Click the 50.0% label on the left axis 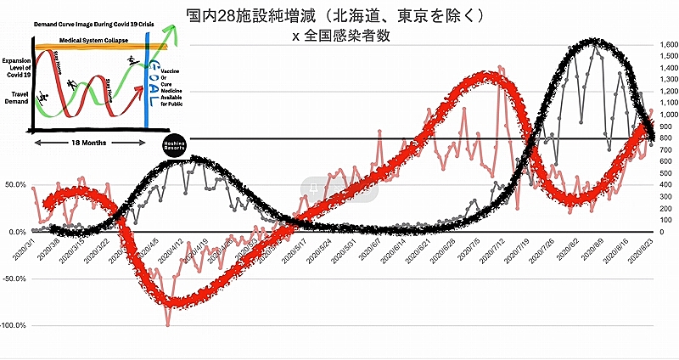(15, 184)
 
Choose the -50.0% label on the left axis (14, 278)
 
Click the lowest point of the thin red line (168, 323)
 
